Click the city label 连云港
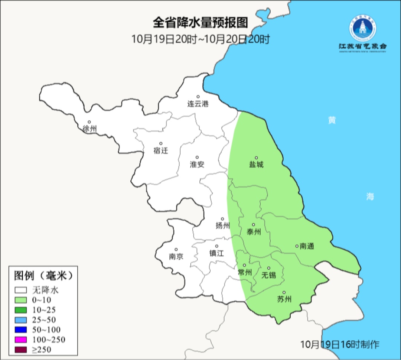198,104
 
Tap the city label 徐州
89,129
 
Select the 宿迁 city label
161,150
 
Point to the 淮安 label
197,164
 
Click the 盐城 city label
256,164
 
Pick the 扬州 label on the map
223,226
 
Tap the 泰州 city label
254,232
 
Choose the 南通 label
307,246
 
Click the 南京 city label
176,256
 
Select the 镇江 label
217,253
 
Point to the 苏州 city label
284,299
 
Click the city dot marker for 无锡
268,268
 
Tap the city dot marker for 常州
244,265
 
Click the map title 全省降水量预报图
200,23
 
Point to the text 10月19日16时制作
340,344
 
